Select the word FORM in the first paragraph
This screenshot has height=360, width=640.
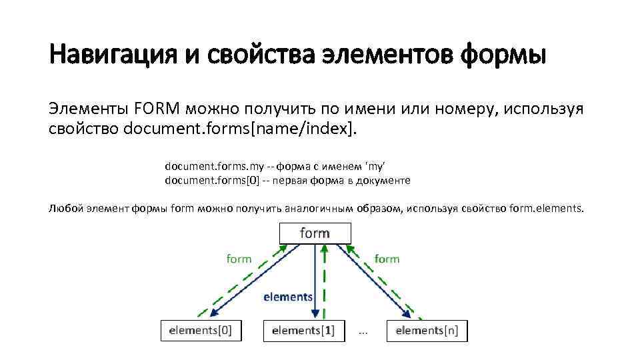pyautogui.click(x=158, y=109)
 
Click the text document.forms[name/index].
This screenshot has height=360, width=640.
pyautogui.click(x=241, y=128)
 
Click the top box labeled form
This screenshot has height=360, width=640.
pyautogui.click(x=314, y=233)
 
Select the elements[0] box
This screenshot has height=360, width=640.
pyautogui.click(x=201, y=331)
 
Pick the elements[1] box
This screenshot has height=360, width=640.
pyautogui.click(x=303, y=331)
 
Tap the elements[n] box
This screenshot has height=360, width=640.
pyautogui.click(x=427, y=331)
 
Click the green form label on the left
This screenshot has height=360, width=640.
pyautogui.click(x=239, y=259)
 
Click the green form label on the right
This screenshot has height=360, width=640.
pyautogui.click(x=387, y=259)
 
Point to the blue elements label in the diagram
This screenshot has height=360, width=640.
pyautogui.click(x=288, y=297)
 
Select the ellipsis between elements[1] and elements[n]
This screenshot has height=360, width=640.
pyautogui.click(x=363, y=331)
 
